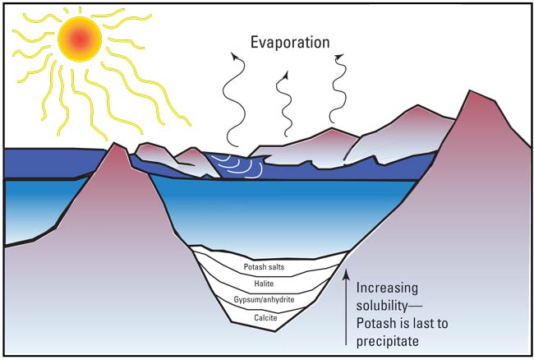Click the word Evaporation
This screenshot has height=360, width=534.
(x=290, y=43)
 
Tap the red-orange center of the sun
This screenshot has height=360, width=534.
(x=80, y=39)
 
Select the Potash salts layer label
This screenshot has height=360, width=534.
(x=264, y=266)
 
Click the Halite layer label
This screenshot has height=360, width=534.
(x=264, y=284)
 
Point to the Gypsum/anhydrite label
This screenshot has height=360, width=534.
(x=264, y=300)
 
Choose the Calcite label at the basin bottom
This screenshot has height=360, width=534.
(x=265, y=318)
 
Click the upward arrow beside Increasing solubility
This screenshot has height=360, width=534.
(x=347, y=307)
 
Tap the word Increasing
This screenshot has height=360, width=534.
(x=387, y=288)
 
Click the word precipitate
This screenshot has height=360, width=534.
(x=388, y=341)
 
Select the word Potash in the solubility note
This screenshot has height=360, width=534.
(x=375, y=323)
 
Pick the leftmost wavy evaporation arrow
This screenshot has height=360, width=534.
(x=234, y=99)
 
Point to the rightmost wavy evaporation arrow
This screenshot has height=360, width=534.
(x=337, y=88)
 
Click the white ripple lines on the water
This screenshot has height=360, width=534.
(x=239, y=166)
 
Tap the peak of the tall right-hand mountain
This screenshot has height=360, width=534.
(x=471, y=90)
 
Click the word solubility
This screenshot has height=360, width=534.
(x=382, y=306)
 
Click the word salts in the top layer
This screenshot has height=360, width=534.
(x=275, y=266)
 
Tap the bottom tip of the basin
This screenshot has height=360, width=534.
(x=275, y=330)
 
